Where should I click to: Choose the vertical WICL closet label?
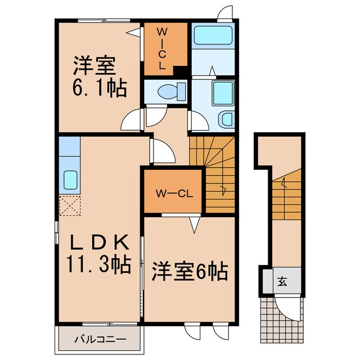pyautogui.click(x=161, y=49)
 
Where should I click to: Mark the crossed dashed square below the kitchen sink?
pyautogui.click(x=70, y=206)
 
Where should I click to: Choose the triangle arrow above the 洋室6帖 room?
pyautogui.click(x=195, y=226)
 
